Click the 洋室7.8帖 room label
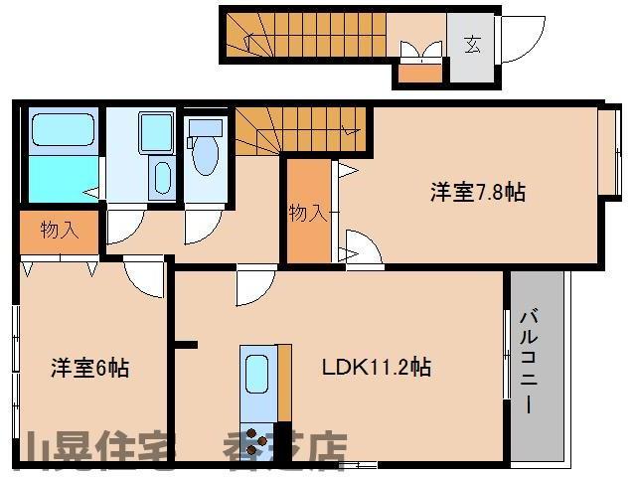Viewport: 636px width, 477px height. tap(477, 193)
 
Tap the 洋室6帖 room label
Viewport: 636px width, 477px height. tap(89, 368)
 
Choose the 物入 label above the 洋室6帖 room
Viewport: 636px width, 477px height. tap(59, 231)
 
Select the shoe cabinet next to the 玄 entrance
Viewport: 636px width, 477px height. tap(418, 72)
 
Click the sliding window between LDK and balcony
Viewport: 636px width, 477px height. tap(507, 359)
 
